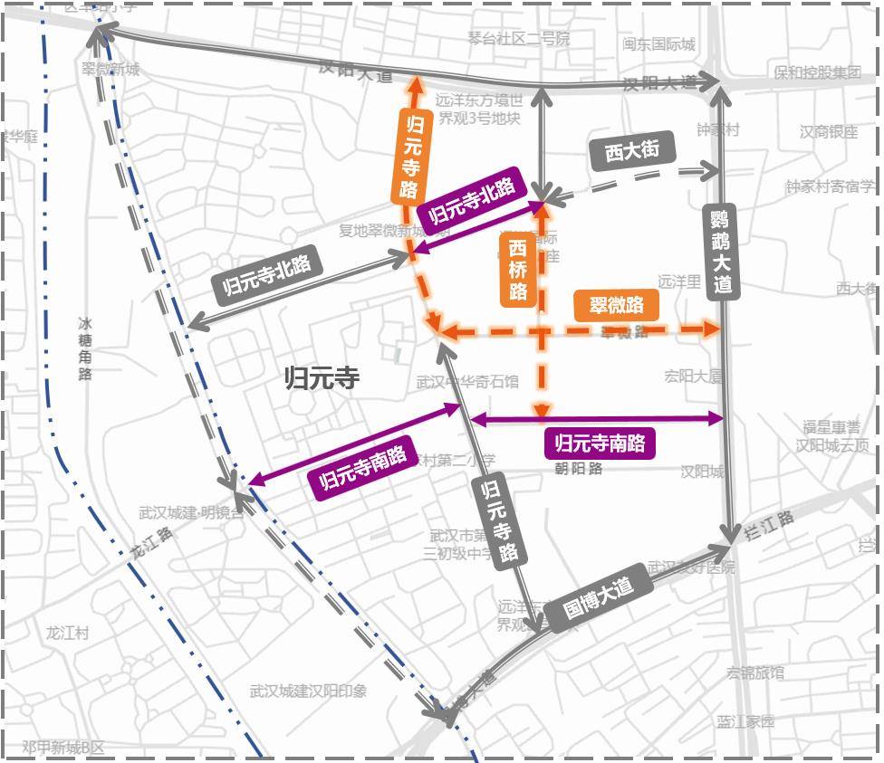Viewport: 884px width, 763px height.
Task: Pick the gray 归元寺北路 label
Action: coord(266,275)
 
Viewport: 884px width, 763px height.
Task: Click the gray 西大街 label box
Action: coord(631,150)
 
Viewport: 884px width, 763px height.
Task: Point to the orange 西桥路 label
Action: coord(518,269)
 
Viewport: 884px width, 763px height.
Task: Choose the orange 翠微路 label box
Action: coord(616,305)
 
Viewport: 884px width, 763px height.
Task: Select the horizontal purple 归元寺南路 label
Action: coord(600,443)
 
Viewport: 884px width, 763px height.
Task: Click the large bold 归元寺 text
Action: coord(322,377)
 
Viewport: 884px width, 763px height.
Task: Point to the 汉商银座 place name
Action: coord(828,132)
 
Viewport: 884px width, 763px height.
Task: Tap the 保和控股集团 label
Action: coord(817,72)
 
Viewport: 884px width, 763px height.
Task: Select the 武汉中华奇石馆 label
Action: coord(467,382)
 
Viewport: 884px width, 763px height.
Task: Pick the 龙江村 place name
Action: coord(68,633)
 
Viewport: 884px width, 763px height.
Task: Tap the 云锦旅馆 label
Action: coord(755,672)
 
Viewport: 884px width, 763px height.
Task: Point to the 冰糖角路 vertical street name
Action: coord(85,348)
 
